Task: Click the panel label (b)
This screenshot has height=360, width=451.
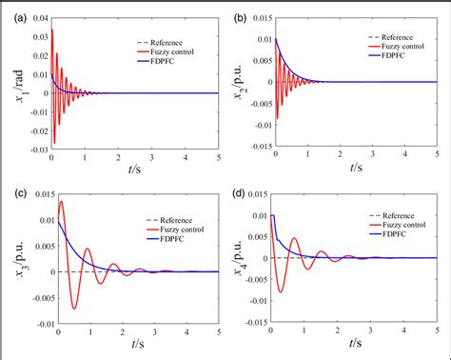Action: tap(237, 16)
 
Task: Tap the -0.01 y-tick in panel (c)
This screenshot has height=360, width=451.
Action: tap(38, 327)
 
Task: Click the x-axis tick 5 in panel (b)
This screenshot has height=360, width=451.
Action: tap(437, 158)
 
